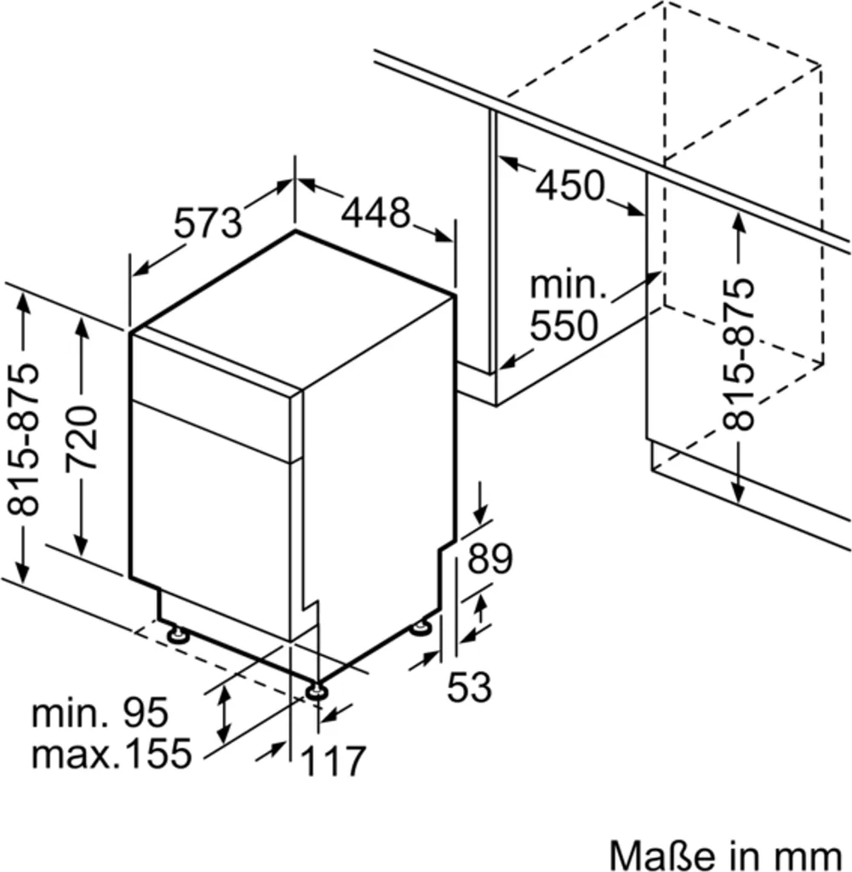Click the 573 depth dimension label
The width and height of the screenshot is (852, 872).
click(209, 223)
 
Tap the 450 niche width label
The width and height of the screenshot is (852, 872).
click(569, 185)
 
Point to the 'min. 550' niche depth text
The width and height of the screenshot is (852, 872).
click(563, 305)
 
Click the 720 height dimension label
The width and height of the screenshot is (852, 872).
click(83, 439)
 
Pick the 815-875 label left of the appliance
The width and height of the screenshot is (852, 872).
click(25, 439)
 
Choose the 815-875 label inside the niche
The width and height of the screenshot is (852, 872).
click(736, 354)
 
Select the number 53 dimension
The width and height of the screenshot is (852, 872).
click(470, 686)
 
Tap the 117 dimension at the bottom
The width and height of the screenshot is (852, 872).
click(333, 760)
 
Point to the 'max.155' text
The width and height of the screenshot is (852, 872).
click(111, 753)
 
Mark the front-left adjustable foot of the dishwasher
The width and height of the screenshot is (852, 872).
click(178, 634)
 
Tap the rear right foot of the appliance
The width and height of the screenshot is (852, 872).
click(420, 628)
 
